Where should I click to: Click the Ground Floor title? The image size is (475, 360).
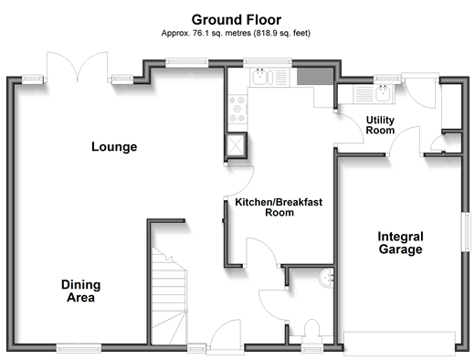pos(237,20)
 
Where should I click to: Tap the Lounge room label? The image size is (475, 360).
pos(114,147)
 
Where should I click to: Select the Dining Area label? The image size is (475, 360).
pos(80,291)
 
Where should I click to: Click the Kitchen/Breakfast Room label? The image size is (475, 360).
pos(279,207)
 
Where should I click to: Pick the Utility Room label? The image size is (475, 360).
pos(380,125)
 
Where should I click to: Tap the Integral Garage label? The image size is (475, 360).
pos(400,243)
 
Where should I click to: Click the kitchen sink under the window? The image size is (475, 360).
pos(269,77)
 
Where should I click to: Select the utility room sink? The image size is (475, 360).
pos(374,93)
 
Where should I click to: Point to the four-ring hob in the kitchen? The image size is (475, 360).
pos(237,109)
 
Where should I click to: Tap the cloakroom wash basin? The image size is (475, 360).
pos(326,278)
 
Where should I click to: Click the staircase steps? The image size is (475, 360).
pos(169,296)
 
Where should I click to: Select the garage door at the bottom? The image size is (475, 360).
pos(399,344)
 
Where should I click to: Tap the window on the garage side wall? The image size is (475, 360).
pos(466,232)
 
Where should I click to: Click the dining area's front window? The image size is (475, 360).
pos(79,348)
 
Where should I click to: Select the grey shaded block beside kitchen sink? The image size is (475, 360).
pos(315,77)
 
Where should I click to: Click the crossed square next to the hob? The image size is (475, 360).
pos(236,144)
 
